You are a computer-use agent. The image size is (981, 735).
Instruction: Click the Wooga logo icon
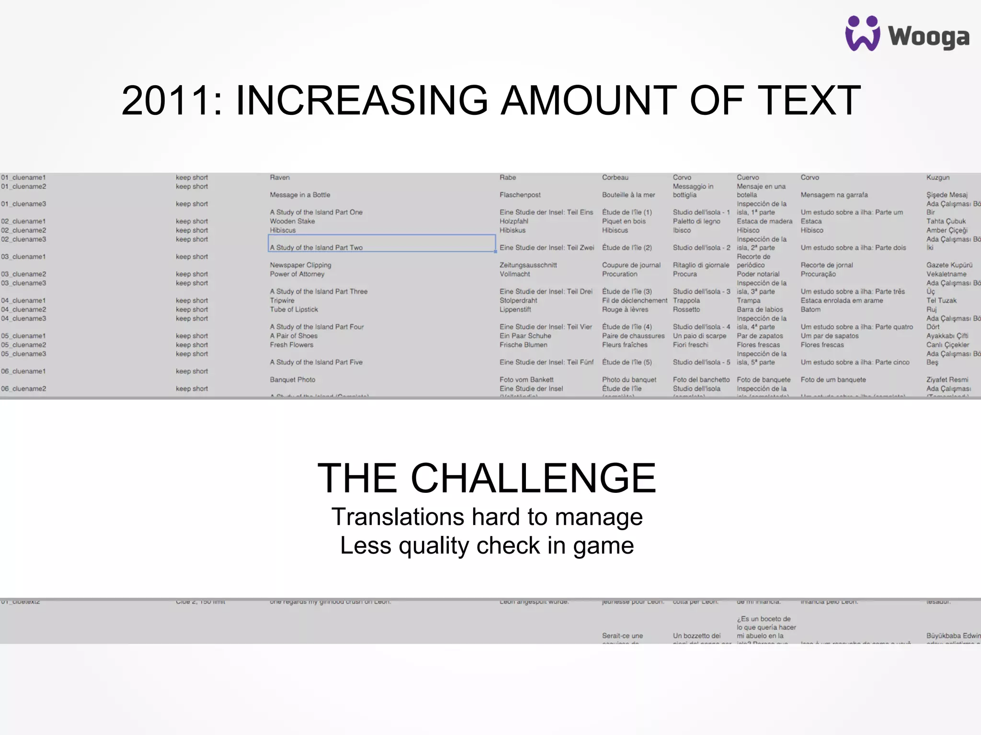coord(862,33)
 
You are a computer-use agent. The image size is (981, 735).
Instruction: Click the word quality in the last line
coord(433,546)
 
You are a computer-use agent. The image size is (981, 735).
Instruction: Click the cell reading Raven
coord(280,178)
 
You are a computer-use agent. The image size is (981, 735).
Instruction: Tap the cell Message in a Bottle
coord(300,195)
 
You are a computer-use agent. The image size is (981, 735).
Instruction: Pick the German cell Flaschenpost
coord(520,195)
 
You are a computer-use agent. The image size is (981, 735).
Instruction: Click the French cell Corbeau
coord(615,178)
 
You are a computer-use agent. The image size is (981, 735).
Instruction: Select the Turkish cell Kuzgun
coord(937,178)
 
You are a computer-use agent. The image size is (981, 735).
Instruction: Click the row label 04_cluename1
coord(23,301)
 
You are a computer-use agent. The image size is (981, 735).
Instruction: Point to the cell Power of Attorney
coord(297,274)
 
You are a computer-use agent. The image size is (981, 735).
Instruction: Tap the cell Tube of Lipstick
coord(294,310)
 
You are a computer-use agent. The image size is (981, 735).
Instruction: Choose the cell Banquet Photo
coord(292,379)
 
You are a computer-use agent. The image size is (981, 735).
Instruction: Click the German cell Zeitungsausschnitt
coord(528,265)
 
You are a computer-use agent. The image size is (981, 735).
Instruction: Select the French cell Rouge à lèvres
coord(625,310)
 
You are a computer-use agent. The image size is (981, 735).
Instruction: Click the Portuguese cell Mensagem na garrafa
coord(834,195)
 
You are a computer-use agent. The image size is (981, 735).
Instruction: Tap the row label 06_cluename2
coord(23,389)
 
